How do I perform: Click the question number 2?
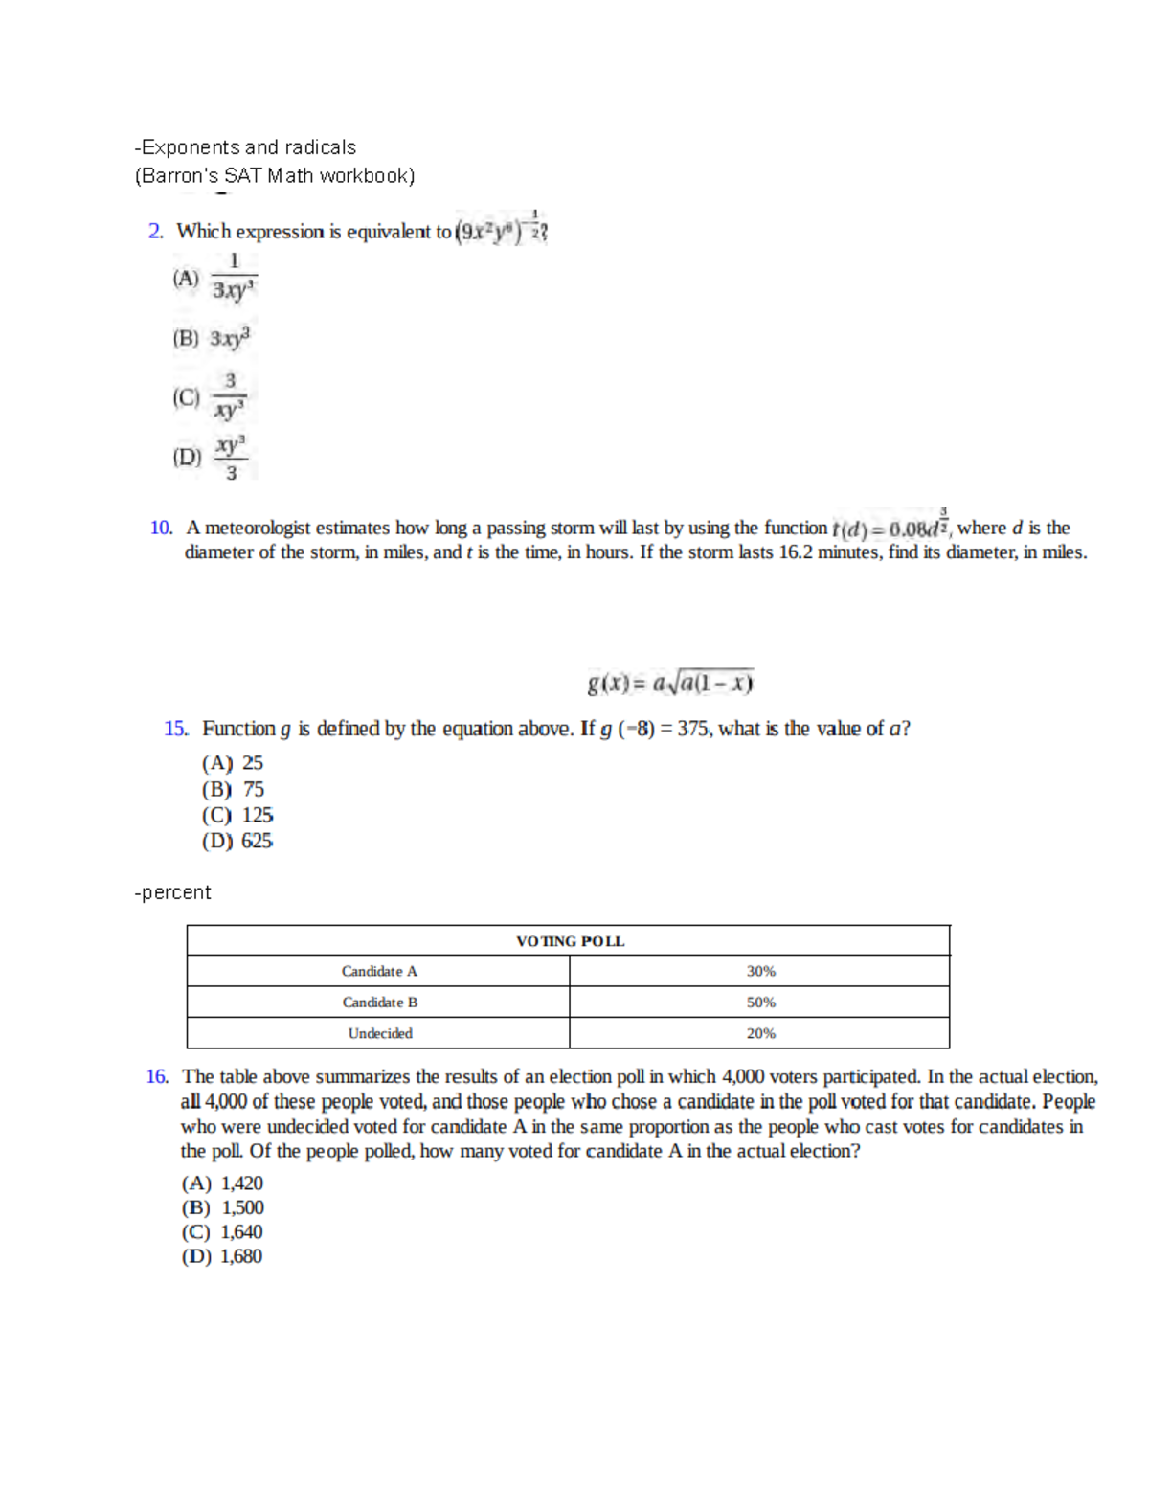[x=156, y=232]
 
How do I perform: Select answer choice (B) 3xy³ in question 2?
[x=213, y=338]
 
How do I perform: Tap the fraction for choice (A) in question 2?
[x=234, y=277]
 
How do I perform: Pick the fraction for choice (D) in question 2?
[x=231, y=458]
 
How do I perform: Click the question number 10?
[x=161, y=528]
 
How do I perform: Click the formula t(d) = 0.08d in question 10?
[x=890, y=527]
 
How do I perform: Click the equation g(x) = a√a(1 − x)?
[x=670, y=683]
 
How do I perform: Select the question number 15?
[x=175, y=729]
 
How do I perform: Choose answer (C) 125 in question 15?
[x=237, y=815]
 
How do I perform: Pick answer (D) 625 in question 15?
[x=237, y=841]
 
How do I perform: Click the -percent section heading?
[x=172, y=892]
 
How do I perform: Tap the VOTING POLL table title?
[x=570, y=941]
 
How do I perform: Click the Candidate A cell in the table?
[x=379, y=971]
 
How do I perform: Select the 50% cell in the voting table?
[x=760, y=1003]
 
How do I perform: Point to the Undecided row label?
[x=380, y=1033]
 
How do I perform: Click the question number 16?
[x=157, y=1077]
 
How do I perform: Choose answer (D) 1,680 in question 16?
[x=222, y=1256]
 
